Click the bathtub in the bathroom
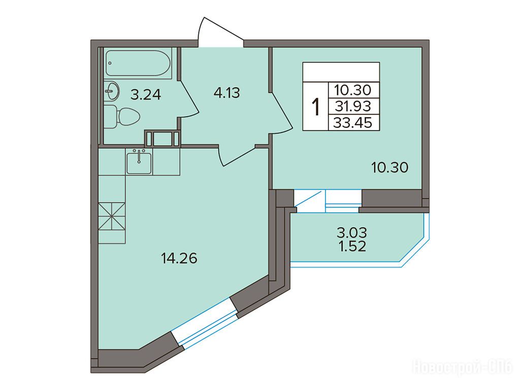click(138, 63)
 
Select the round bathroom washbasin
click(112, 91)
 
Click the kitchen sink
click(139, 161)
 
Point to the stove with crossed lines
click(112, 216)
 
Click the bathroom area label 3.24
click(146, 95)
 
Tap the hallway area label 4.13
click(226, 93)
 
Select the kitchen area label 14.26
click(179, 258)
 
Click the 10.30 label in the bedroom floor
click(389, 168)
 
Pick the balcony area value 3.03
click(352, 233)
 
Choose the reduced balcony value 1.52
click(352, 246)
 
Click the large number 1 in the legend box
click(316, 107)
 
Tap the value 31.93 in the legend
click(353, 107)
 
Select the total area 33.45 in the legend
click(353, 123)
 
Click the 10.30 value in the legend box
click(353, 89)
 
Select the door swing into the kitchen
click(238, 155)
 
